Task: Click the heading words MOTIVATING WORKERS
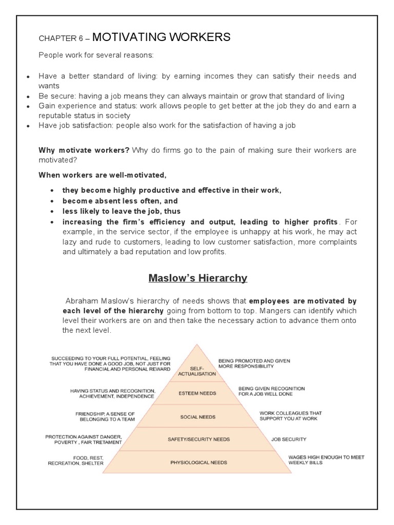click(162, 37)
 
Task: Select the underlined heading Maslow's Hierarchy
click(198, 278)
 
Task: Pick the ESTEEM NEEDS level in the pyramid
click(198, 394)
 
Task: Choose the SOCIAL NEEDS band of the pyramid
click(198, 417)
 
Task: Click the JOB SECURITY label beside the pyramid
click(289, 439)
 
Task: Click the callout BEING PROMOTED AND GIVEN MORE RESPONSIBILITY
click(254, 364)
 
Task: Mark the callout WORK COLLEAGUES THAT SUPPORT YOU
click(288, 415)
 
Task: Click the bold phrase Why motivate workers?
click(85, 150)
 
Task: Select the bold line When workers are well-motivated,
click(103, 175)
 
